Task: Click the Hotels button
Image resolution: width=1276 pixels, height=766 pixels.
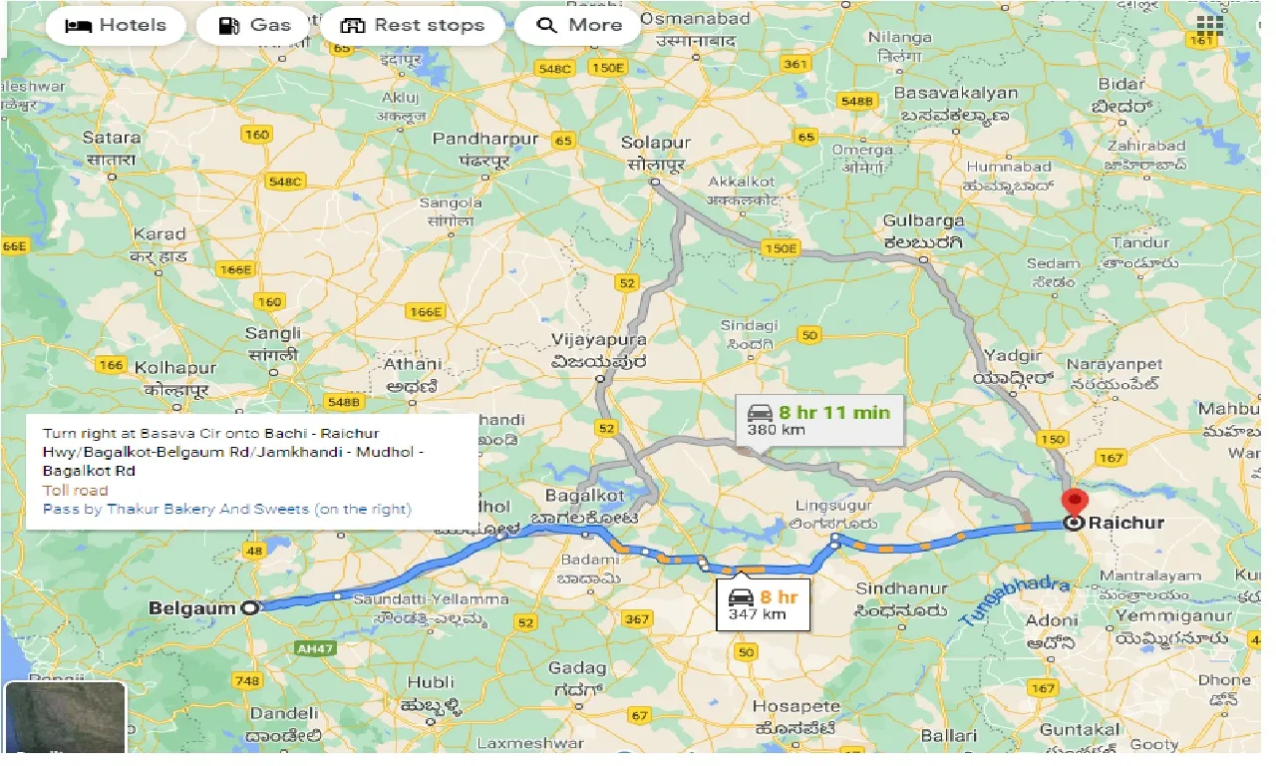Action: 115,26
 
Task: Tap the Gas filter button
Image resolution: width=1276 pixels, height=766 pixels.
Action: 254,26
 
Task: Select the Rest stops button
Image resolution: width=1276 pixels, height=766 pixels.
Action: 412,26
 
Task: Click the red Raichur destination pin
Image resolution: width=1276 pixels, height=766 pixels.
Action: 1074,502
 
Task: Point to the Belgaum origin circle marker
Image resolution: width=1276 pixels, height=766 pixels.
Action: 249,607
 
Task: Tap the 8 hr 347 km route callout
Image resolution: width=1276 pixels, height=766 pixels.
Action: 763,604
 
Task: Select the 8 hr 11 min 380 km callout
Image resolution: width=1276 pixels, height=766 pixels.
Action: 818,420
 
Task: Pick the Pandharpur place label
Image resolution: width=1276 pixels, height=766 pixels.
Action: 484,139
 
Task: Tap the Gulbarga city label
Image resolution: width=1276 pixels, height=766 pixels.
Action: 923,221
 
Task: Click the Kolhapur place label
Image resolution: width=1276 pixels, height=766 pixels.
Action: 174,366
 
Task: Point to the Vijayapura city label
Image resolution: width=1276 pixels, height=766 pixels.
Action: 599,340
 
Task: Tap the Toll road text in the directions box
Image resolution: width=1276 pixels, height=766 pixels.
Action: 76,491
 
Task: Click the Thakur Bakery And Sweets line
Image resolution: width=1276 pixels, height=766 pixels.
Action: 227,510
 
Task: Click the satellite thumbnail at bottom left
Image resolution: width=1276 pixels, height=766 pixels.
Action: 66,718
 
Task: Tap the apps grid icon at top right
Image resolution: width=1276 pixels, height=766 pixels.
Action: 1209,26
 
